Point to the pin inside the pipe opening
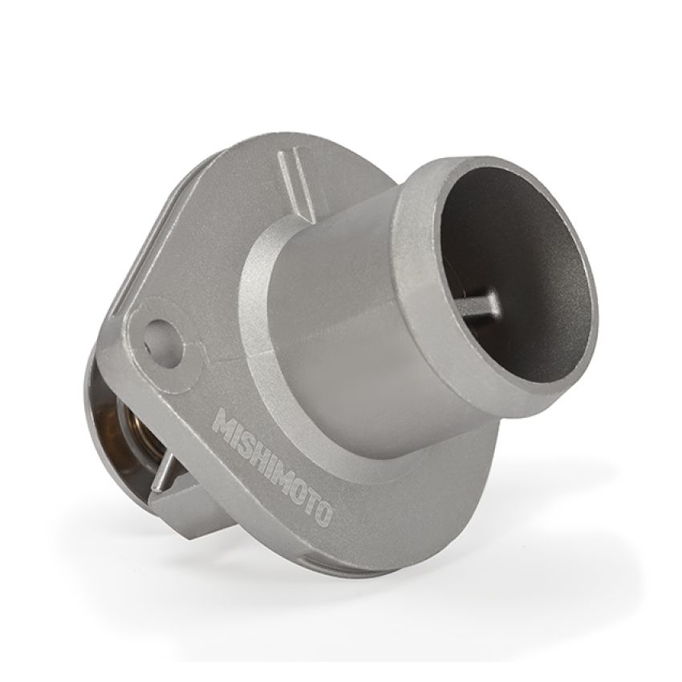click(x=479, y=302)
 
